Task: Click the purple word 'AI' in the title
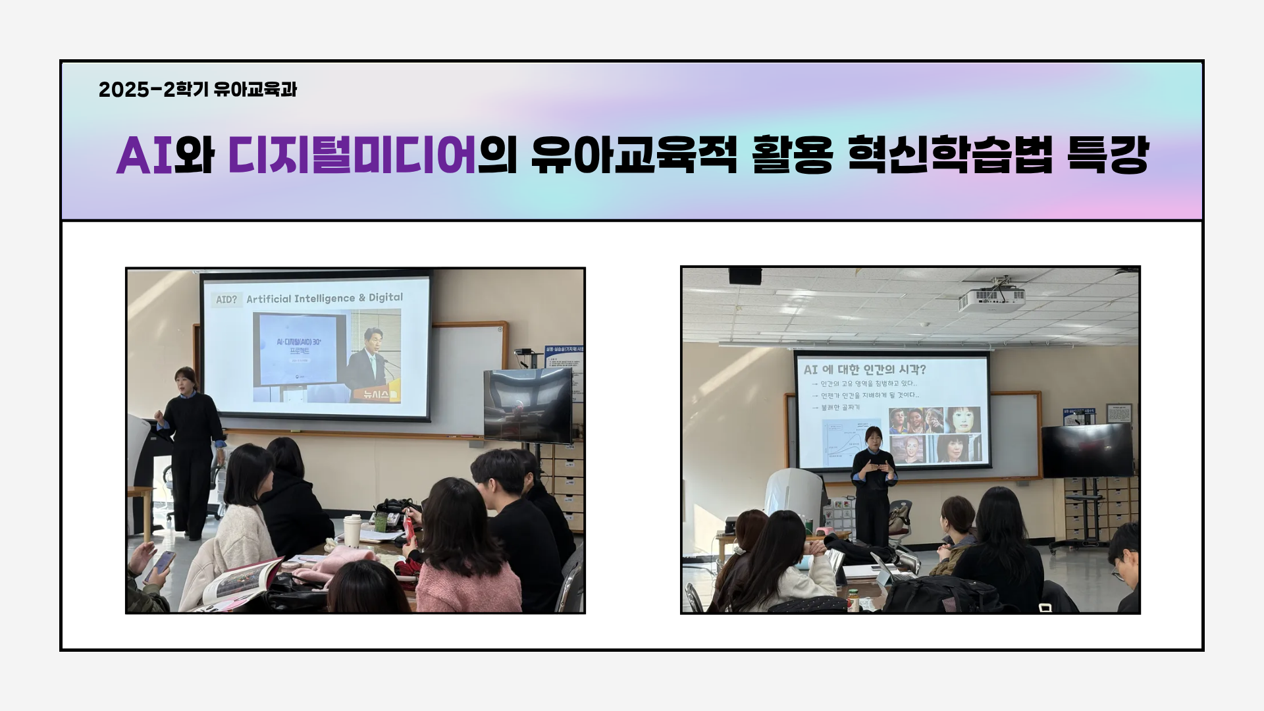coord(144,157)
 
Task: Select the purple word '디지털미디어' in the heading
coord(352,157)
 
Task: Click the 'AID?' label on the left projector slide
coord(226,300)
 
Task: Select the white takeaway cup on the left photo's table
coord(352,529)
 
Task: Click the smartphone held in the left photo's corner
coord(162,564)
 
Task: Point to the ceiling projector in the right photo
coord(992,300)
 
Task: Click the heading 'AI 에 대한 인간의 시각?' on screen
coord(864,369)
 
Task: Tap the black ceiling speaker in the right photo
coord(745,275)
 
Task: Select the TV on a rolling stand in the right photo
coord(1087,450)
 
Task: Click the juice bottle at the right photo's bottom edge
coord(853,601)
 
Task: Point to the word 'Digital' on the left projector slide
coord(386,298)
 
